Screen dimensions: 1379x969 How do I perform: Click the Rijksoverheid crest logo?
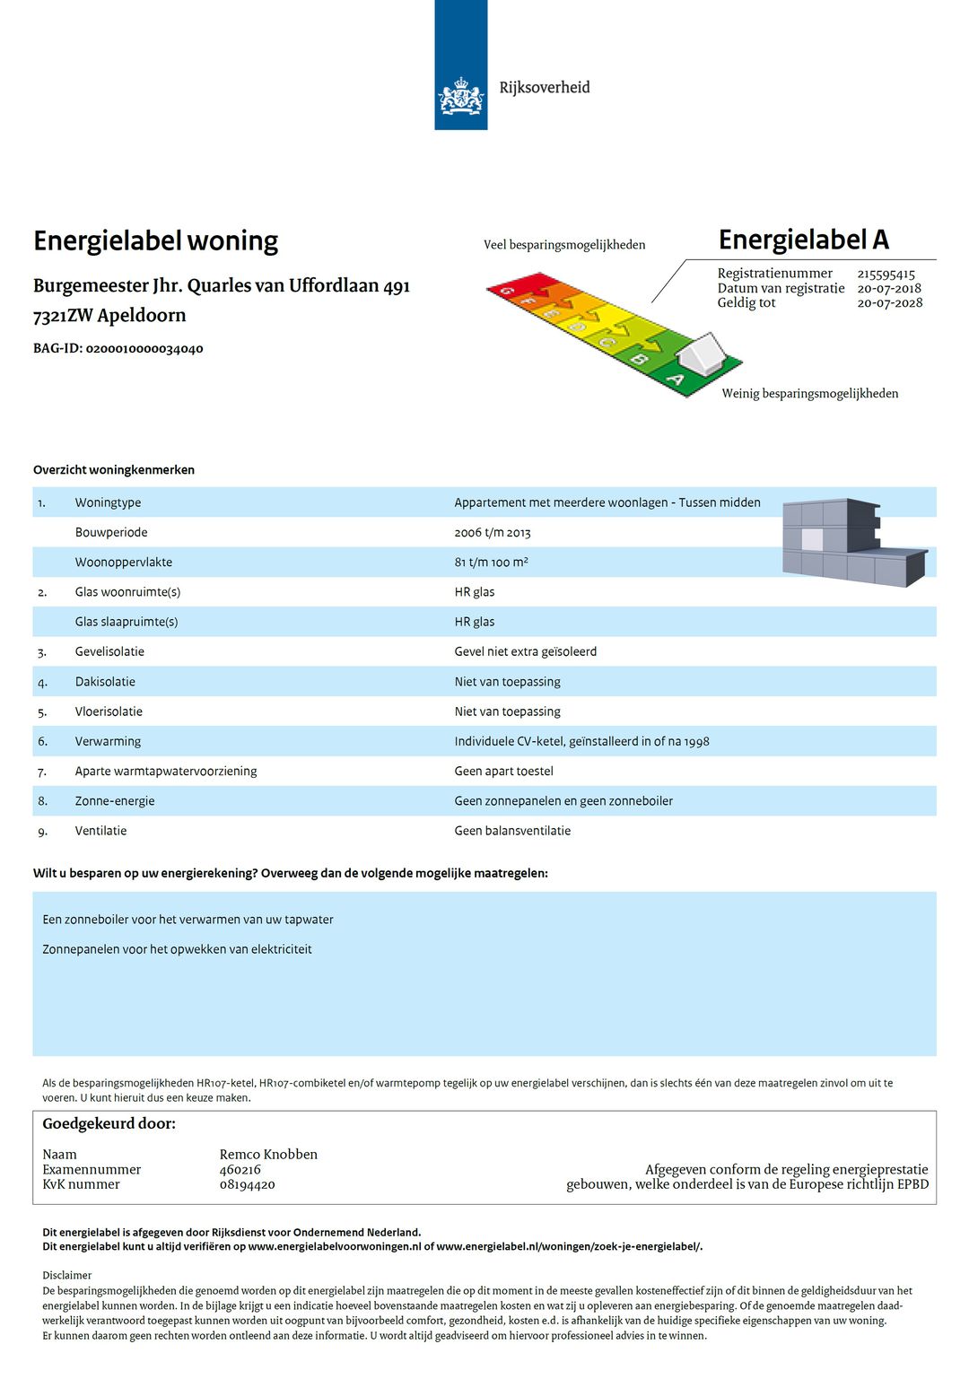coord(461,96)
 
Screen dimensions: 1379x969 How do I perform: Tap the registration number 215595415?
coord(886,274)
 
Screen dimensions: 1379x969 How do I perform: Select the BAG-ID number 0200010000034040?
coord(144,348)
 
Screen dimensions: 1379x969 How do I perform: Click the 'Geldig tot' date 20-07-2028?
coord(889,303)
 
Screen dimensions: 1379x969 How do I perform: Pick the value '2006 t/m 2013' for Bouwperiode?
coord(493,533)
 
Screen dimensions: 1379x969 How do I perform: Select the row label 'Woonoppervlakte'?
coord(124,563)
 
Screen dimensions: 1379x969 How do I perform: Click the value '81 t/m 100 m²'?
coord(491,563)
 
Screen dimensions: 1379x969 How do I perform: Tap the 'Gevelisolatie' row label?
coord(109,652)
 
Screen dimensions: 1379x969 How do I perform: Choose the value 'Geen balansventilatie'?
coord(512,831)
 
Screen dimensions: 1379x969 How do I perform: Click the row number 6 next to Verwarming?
coord(42,742)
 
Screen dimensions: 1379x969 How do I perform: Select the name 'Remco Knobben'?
coord(268,1155)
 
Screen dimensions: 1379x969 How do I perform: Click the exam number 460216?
coord(240,1170)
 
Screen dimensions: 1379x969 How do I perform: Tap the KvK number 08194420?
coord(247,1185)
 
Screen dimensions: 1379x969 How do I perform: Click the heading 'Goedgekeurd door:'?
coord(109,1124)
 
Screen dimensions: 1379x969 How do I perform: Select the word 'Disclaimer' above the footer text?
coord(67,1275)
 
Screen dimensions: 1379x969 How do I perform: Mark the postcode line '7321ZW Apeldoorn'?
coord(109,316)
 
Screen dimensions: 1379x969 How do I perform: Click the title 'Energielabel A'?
coord(803,240)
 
